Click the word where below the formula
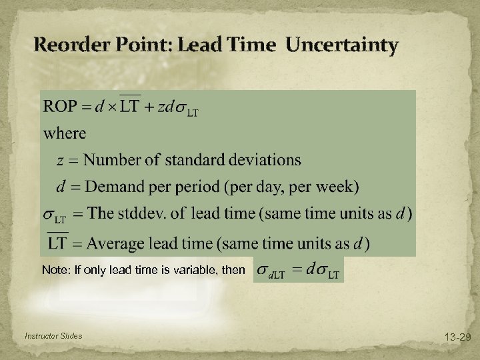(x=65, y=133)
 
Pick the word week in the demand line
(x=335, y=187)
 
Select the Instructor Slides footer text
(x=53, y=336)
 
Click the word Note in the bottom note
(x=53, y=270)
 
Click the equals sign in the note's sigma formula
(x=298, y=269)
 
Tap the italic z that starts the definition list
(x=61, y=161)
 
